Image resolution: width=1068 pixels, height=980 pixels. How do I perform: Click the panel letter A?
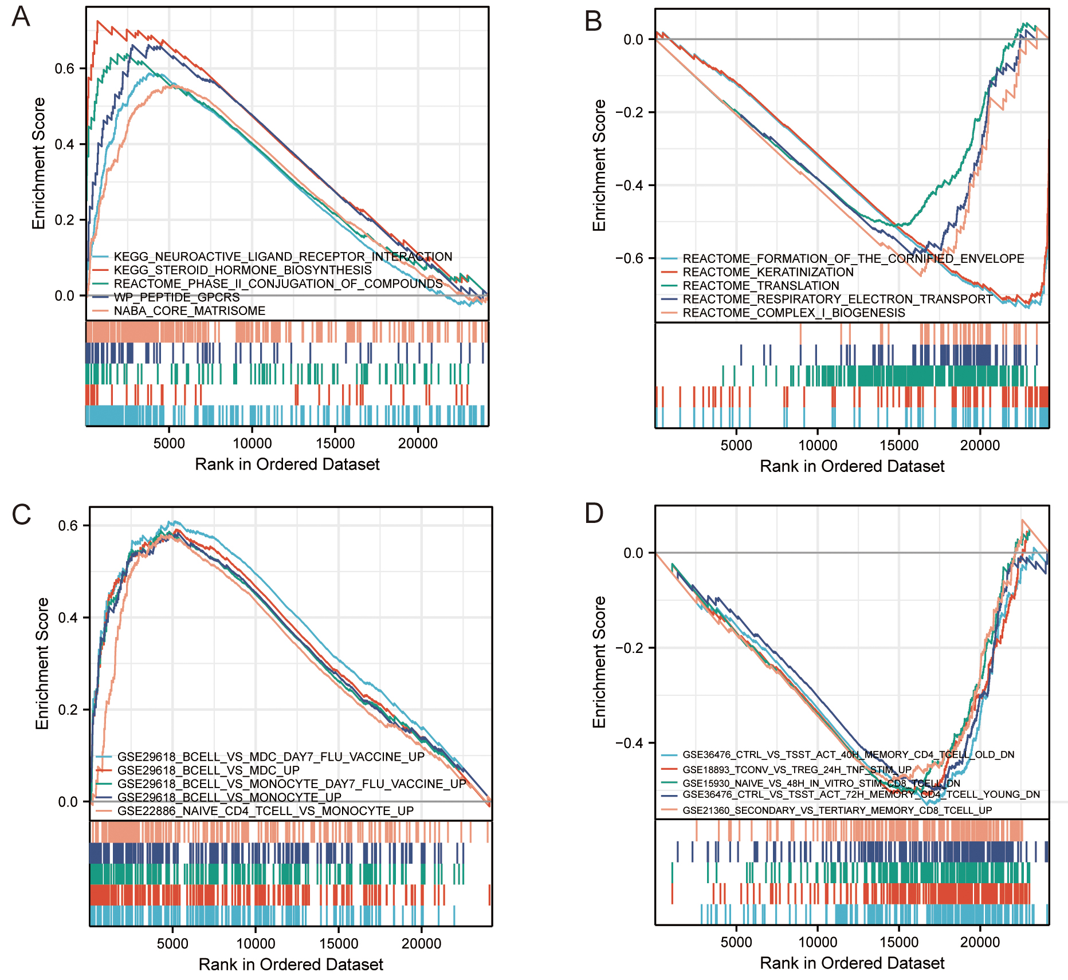(x=21, y=17)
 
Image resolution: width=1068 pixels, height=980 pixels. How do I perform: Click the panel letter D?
(x=594, y=513)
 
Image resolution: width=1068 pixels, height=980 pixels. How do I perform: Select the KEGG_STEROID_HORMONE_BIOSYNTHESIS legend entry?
(x=242, y=270)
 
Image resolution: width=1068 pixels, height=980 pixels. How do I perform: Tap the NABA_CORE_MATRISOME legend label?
(x=189, y=311)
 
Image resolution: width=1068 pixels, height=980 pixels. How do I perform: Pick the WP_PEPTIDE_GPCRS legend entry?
(x=176, y=297)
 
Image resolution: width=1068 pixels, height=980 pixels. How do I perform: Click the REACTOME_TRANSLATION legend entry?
(x=760, y=285)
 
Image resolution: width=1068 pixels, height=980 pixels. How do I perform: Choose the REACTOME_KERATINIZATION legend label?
(x=768, y=272)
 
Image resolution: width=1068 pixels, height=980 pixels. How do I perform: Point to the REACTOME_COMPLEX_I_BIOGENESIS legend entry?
(x=794, y=313)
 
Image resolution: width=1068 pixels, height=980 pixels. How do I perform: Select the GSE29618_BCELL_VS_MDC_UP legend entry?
(x=208, y=770)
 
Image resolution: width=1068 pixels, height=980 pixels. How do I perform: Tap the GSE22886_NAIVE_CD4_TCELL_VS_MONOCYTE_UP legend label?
(x=265, y=811)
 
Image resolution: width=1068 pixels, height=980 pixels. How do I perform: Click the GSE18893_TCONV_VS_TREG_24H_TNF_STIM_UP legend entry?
(x=796, y=769)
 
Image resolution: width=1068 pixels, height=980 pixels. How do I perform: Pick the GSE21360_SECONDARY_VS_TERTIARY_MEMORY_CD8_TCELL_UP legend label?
(x=837, y=810)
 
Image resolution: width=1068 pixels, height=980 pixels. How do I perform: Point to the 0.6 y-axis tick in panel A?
(x=65, y=69)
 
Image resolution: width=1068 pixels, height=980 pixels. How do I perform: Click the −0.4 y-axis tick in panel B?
(x=629, y=185)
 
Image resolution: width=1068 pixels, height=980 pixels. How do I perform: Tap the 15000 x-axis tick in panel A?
(x=335, y=443)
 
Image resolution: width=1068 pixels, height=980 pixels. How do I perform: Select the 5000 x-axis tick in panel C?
(x=172, y=943)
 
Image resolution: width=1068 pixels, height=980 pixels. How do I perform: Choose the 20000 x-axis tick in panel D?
(x=980, y=942)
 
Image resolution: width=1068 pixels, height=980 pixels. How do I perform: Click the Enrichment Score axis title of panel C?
(x=42, y=663)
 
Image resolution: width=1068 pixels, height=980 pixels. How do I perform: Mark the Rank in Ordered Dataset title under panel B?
(x=852, y=466)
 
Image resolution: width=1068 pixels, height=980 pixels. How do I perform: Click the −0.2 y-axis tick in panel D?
(x=629, y=648)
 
